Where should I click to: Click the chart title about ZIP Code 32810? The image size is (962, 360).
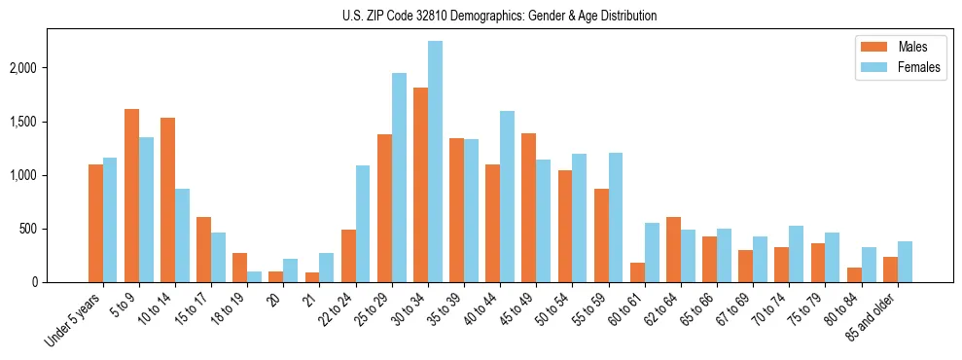(x=499, y=16)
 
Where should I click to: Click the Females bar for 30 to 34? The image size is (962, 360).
(x=435, y=162)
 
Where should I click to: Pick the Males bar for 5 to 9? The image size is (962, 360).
(x=132, y=196)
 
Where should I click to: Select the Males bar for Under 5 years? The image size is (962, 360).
(x=96, y=223)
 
